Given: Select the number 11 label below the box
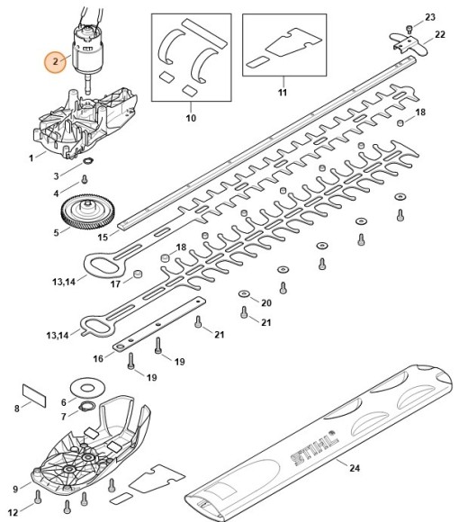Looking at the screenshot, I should (282, 94).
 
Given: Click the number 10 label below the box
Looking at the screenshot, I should (190, 118).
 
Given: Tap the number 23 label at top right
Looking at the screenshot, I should (429, 17).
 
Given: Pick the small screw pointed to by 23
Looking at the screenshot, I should (409, 29).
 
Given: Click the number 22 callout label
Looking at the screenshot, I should (439, 34).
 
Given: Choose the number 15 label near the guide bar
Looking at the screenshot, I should (103, 237).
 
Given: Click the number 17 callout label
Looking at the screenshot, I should (115, 285).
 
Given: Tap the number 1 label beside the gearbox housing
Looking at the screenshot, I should (31, 157).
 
